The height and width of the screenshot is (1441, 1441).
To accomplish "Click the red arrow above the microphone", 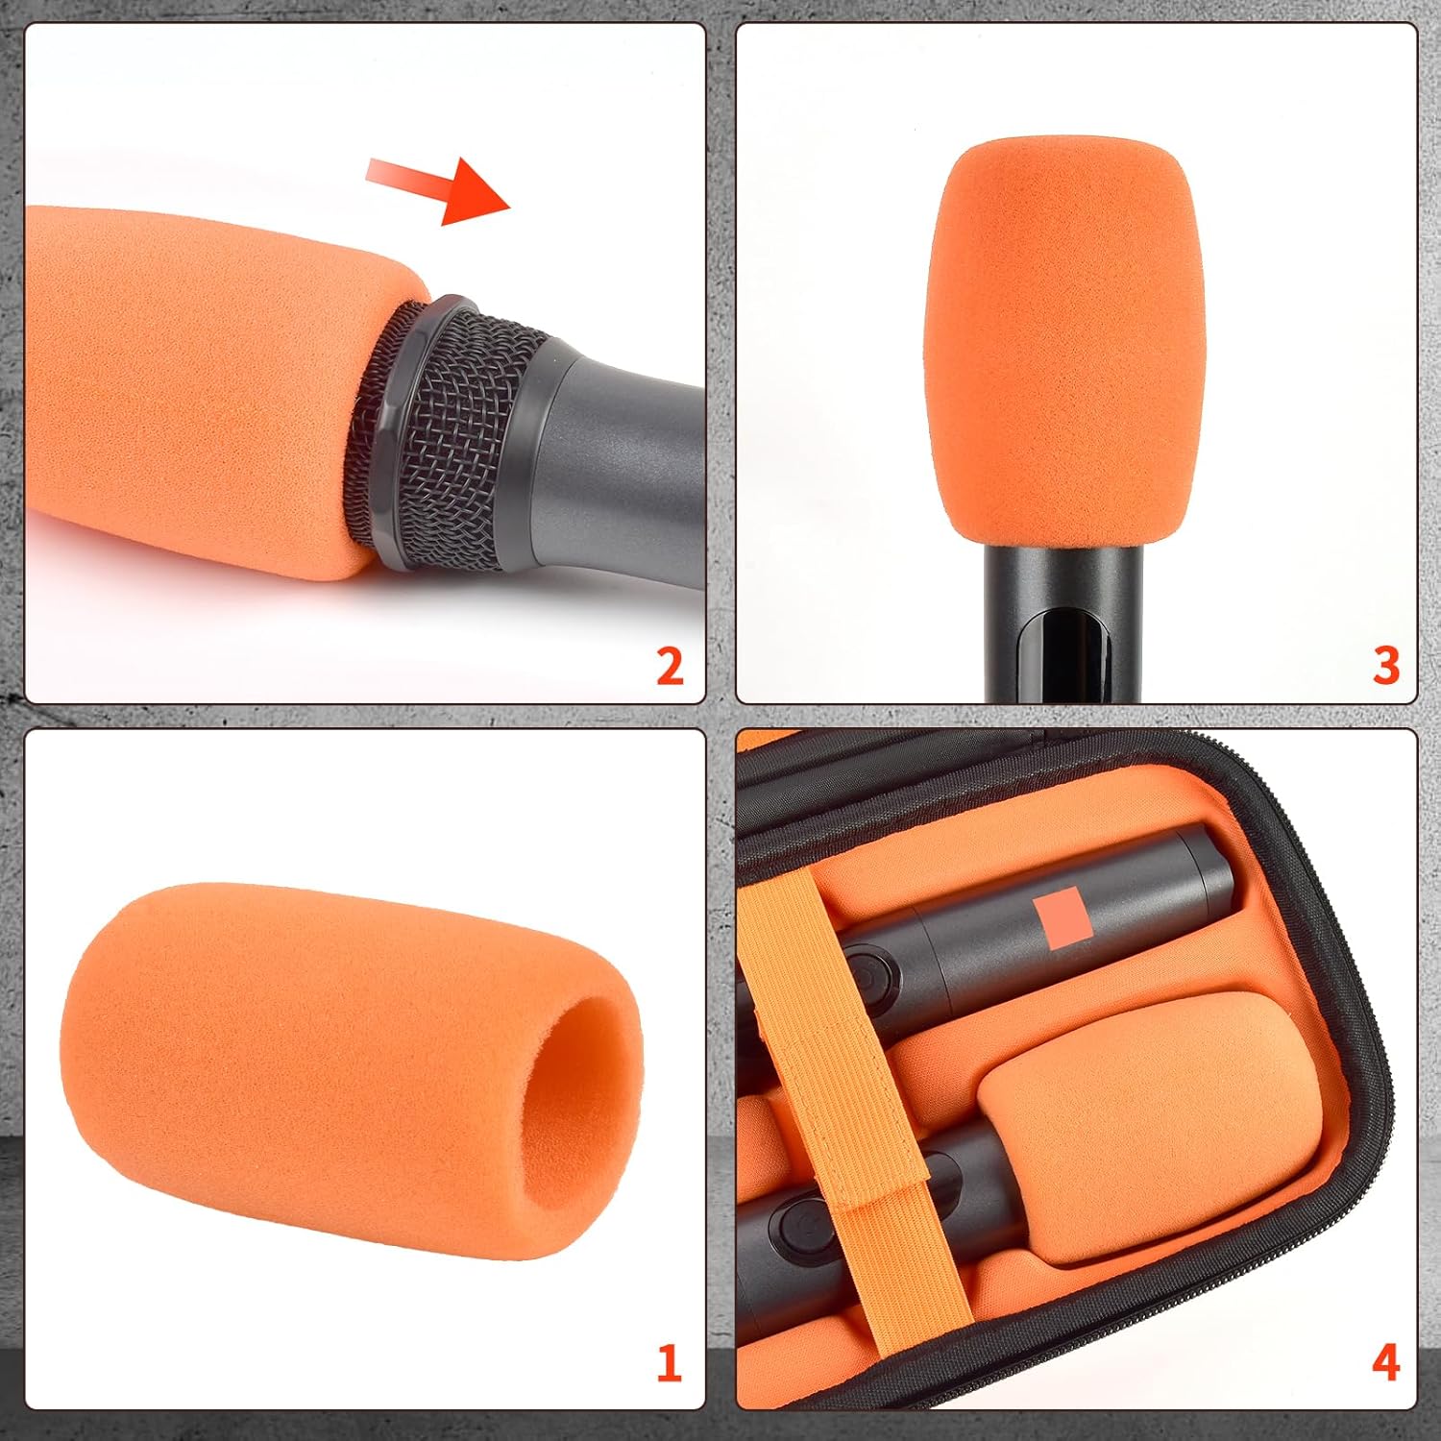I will (442, 188).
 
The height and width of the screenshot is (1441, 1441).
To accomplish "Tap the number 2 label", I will (669, 666).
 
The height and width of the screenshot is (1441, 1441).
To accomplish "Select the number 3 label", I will (1384, 666).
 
